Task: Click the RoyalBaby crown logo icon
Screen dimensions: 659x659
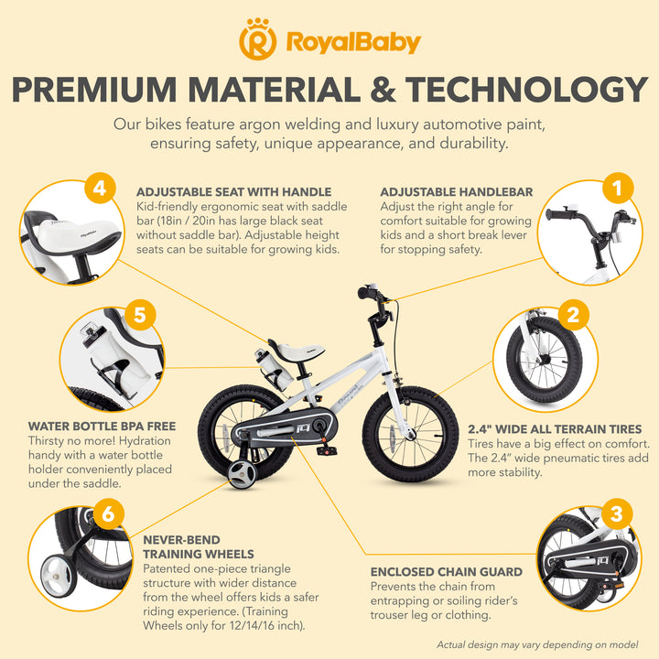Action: pos(257,39)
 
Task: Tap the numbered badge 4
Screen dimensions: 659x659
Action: pos(100,188)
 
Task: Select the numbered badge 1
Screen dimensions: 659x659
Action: pos(618,188)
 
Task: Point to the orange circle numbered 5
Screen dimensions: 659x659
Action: pos(140,315)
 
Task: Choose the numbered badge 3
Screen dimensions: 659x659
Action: pos(616,513)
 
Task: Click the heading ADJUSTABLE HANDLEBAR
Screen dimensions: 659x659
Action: pos(457,192)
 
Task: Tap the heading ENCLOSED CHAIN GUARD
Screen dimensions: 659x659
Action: pos(447,572)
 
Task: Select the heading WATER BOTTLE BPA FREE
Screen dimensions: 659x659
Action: pos(103,427)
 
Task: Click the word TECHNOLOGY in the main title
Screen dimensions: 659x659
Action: pos(526,89)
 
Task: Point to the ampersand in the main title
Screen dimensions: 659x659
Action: pos(383,89)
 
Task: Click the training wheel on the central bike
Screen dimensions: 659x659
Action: pos(242,474)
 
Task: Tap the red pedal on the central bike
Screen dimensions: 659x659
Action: pos(327,450)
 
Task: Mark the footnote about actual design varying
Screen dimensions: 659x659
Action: pos(537,644)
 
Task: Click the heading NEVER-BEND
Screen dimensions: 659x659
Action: pos(181,540)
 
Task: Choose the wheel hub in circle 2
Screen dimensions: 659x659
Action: pos(545,360)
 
